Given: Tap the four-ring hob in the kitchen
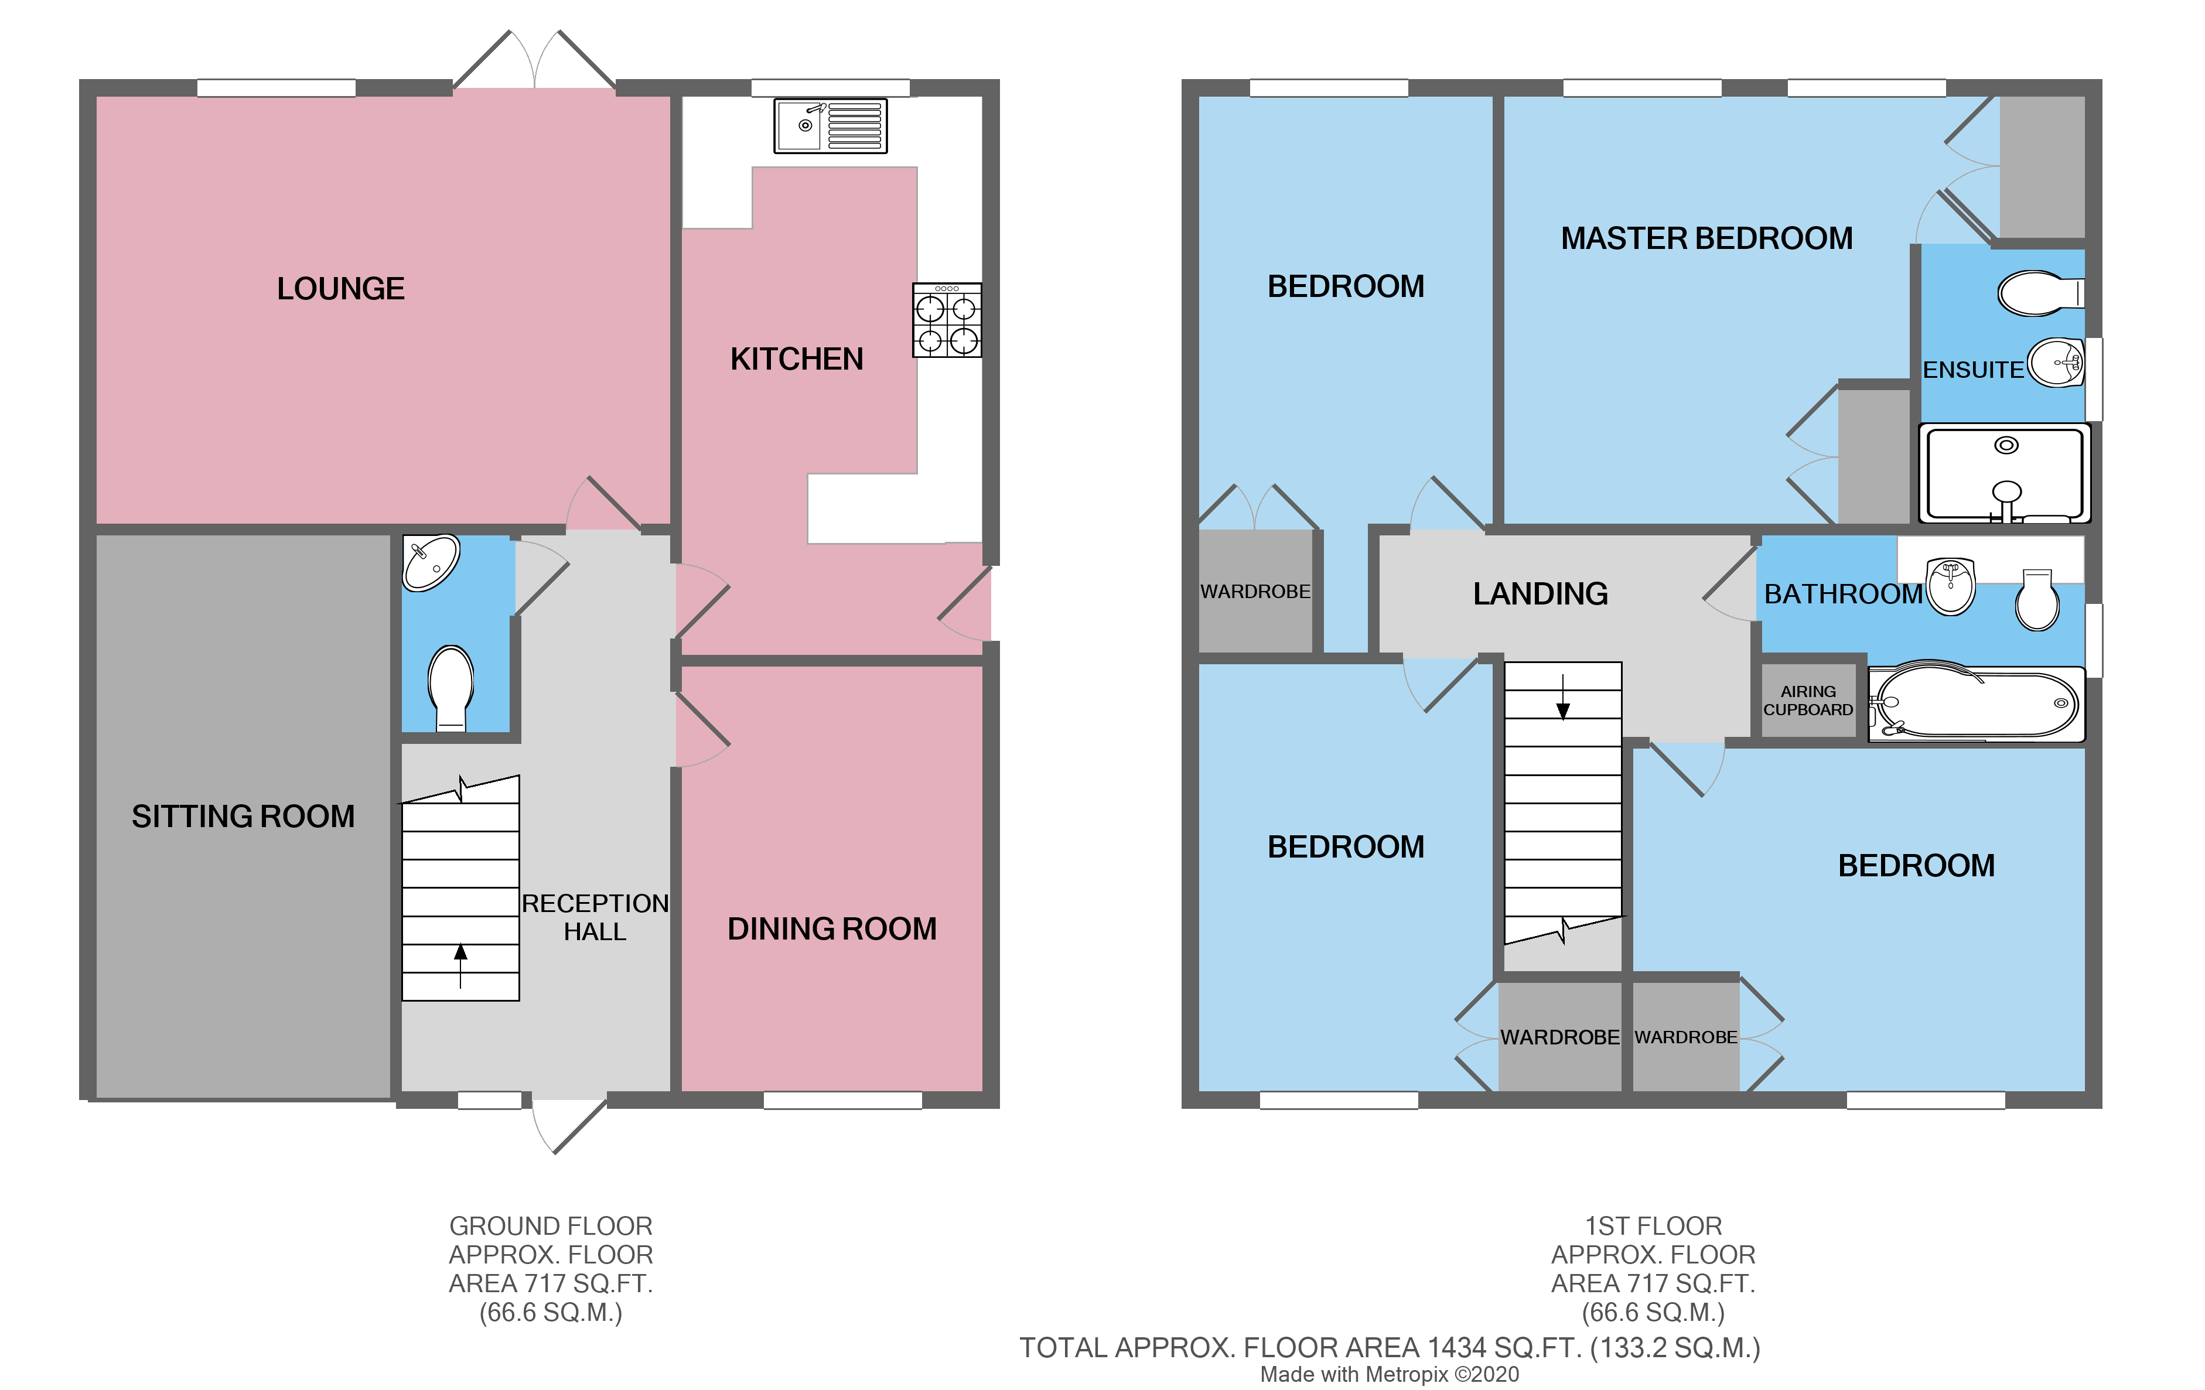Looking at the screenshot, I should [x=946, y=320].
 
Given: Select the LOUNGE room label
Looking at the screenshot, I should [x=340, y=288].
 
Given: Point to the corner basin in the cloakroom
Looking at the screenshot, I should [x=431, y=561].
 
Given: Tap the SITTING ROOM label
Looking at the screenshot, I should [x=243, y=816].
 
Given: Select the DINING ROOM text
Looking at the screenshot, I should [x=831, y=928].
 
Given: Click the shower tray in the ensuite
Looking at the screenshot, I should [x=2003, y=473].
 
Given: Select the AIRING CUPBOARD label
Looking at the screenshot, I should [x=1808, y=701].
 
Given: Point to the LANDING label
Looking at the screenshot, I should [x=1540, y=593].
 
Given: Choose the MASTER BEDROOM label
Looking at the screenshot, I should [x=1706, y=238].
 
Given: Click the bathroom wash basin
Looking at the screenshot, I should [x=1950, y=586].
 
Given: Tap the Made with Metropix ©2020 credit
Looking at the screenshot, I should [x=1389, y=1374].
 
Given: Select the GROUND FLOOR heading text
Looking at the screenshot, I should [x=550, y=1225].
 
